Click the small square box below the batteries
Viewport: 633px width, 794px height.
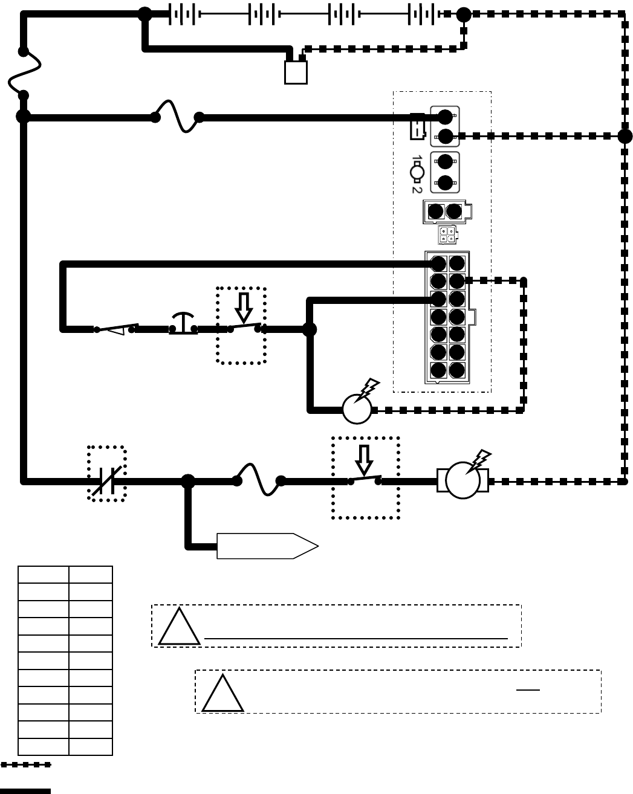(296, 72)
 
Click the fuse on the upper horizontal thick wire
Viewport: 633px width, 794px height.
(177, 117)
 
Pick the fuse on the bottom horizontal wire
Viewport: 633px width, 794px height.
(259, 480)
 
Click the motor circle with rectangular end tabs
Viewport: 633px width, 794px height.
(463, 481)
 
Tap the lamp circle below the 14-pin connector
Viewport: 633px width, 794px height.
(357, 410)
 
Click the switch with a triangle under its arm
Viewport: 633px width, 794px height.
(117, 329)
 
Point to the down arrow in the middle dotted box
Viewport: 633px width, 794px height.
(244, 308)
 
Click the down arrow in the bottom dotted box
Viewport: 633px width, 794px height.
(364, 460)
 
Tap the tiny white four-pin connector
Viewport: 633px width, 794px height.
(448, 235)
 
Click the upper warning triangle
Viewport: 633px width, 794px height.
(179, 628)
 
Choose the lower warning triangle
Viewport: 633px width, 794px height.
(222, 694)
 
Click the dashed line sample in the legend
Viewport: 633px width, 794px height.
(26, 765)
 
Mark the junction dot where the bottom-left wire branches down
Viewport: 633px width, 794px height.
(188, 481)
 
